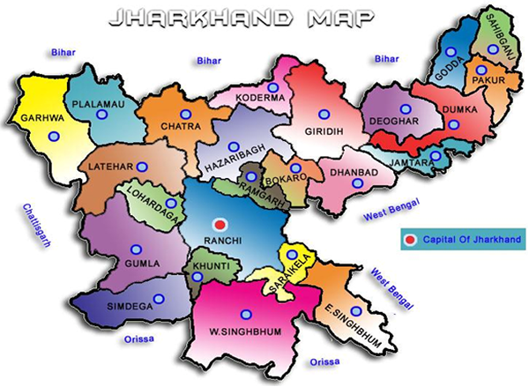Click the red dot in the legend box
[408, 239]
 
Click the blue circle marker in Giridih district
[323, 114]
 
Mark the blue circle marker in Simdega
[158, 299]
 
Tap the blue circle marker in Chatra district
[185, 114]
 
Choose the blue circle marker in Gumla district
[135, 249]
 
